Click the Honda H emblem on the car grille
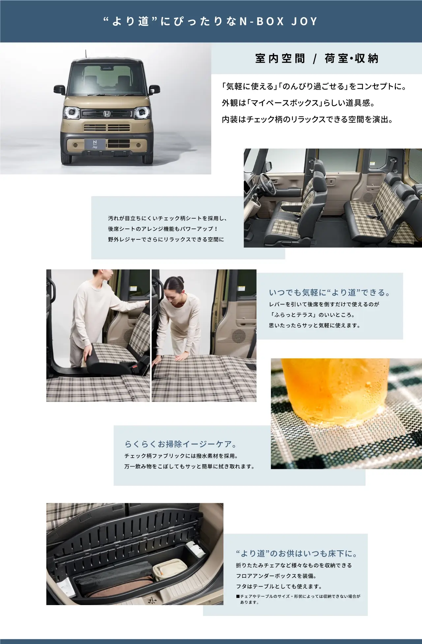[107, 113]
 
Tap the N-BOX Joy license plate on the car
[95, 144]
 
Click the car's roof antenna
[87, 54]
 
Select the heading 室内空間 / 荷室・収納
[316, 59]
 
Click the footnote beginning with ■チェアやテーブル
[298, 599]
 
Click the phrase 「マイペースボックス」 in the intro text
[285, 103]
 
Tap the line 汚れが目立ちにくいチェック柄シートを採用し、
[167, 218]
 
